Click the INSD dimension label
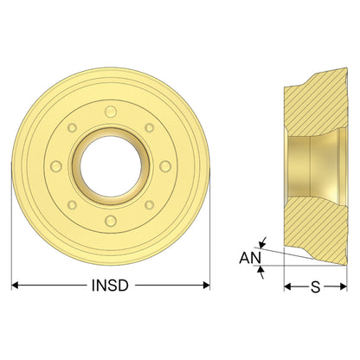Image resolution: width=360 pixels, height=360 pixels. point(110,286)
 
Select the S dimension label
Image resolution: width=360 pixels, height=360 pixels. point(316,286)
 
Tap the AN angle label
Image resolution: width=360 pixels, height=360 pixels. point(250,258)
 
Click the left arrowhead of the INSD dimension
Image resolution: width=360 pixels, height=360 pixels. point(15,286)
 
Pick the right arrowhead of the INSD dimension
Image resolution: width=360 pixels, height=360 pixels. point(206,286)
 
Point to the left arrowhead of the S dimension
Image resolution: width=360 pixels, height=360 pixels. point(287,286)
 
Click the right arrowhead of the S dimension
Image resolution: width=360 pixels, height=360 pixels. point(344,286)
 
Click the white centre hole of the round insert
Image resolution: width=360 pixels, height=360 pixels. point(111,167)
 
